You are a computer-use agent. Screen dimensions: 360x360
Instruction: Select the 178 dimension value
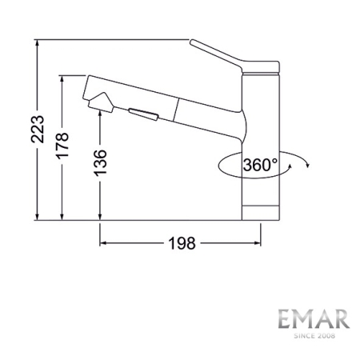(x=63, y=148)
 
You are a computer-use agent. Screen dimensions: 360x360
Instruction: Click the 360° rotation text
(x=261, y=166)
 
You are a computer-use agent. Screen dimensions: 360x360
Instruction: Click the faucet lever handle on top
(x=228, y=58)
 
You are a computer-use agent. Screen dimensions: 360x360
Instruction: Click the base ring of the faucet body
(x=260, y=213)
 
